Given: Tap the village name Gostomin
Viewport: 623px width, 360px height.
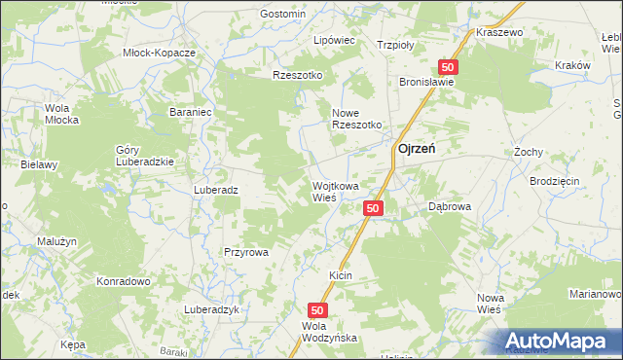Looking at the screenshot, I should [283, 14].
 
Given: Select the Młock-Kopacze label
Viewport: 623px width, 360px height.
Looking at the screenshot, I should [160, 53].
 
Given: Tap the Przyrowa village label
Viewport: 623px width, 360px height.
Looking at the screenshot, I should [245, 251].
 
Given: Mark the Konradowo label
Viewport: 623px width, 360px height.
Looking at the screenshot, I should [122, 281].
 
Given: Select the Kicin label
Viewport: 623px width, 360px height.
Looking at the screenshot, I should [340, 276].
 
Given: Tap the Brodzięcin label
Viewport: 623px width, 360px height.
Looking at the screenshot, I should [555, 182].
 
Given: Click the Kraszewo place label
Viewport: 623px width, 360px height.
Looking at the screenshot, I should [500, 32].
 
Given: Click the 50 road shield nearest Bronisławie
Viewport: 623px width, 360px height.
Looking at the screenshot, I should [447, 66].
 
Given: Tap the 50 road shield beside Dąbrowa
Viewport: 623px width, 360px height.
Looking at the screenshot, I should [375, 208].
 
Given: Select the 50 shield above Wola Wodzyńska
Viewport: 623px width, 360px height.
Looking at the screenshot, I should [324, 308].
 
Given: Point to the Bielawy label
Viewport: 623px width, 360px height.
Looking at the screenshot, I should [40, 164].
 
